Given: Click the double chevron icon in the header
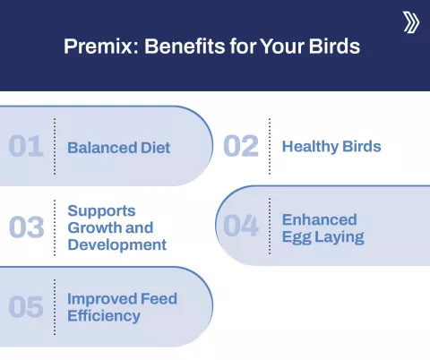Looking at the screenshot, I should [x=410, y=22].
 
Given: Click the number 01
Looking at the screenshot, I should [x=26, y=146].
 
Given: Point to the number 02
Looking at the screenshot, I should [x=241, y=146].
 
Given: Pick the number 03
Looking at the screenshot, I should [x=27, y=227].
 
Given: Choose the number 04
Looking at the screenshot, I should [x=242, y=226].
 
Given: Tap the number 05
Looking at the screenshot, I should [x=27, y=307].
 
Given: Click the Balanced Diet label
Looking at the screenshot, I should [x=118, y=147].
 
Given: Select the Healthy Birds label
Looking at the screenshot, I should [x=331, y=146].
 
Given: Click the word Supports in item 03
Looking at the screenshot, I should [x=101, y=211].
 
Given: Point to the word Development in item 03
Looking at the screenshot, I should [x=116, y=244].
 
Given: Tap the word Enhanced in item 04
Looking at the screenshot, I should [x=319, y=219].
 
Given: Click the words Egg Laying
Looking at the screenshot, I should [x=323, y=236].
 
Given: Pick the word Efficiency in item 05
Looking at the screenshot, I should [x=104, y=315].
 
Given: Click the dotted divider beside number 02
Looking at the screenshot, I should [x=269, y=145].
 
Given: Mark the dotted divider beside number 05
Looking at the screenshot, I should [x=55, y=306].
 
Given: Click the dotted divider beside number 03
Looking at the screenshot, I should [x=55, y=227].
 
